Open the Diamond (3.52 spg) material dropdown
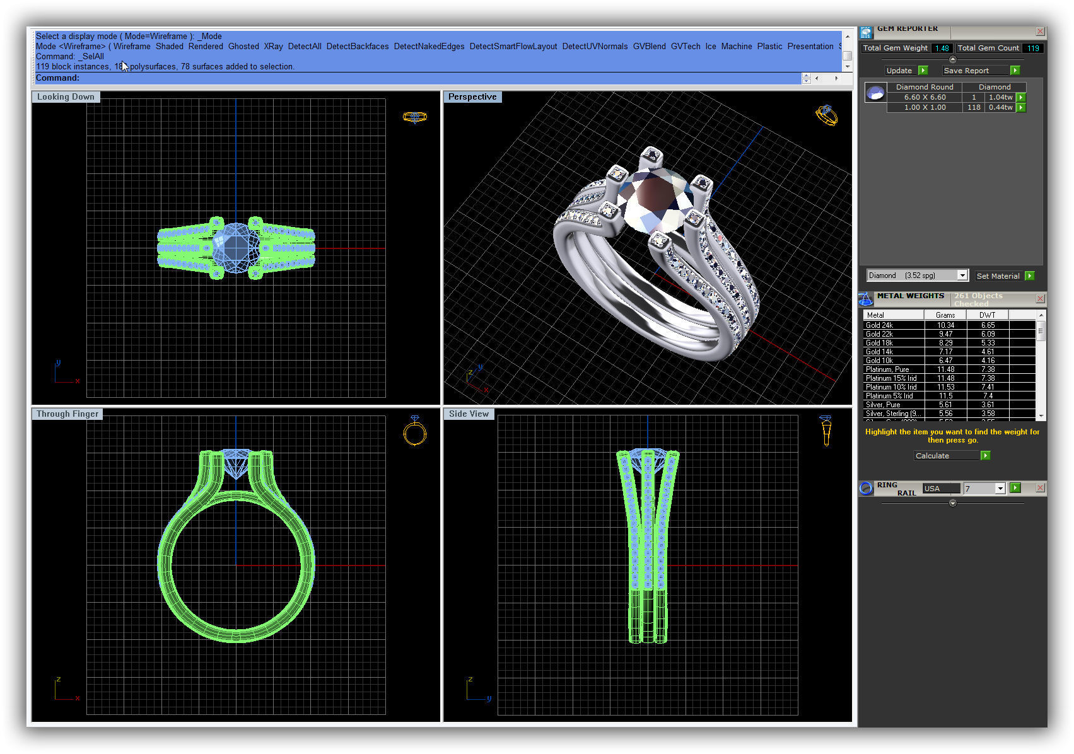pyautogui.click(x=962, y=275)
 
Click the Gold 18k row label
pyautogui.click(x=879, y=343)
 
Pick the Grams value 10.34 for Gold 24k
pyautogui.click(x=945, y=325)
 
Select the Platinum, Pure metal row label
pyautogui.click(x=887, y=369)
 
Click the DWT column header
pyautogui.click(x=987, y=315)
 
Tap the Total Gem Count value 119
pyautogui.click(x=1033, y=48)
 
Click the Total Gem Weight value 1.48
pyautogui.click(x=942, y=48)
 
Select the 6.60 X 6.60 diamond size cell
pyautogui.click(x=925, y=98)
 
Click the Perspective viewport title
pyautogui.click(x=472, y=97)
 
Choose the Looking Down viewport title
pyautogui.click(x=66, y=97)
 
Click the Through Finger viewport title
pyautogui.click(x=67, y=414)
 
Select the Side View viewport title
pyautogui.click(x=469, y=414)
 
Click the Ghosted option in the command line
pyautogui.click(x=243, y=47)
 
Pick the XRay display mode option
pyautogui.click(x=273, y=47)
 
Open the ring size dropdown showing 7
pyautogui.click(x=1000, y=489)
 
